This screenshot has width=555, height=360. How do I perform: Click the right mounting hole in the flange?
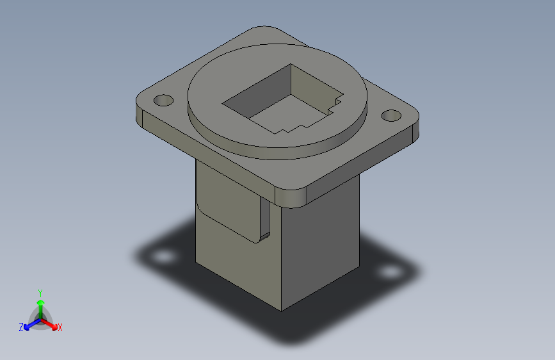pos(390,116)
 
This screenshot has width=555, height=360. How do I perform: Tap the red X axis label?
pos(60,327)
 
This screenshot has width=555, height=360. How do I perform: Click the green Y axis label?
pos(40,291)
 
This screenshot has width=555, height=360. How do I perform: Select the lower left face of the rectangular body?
pos(230,263)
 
